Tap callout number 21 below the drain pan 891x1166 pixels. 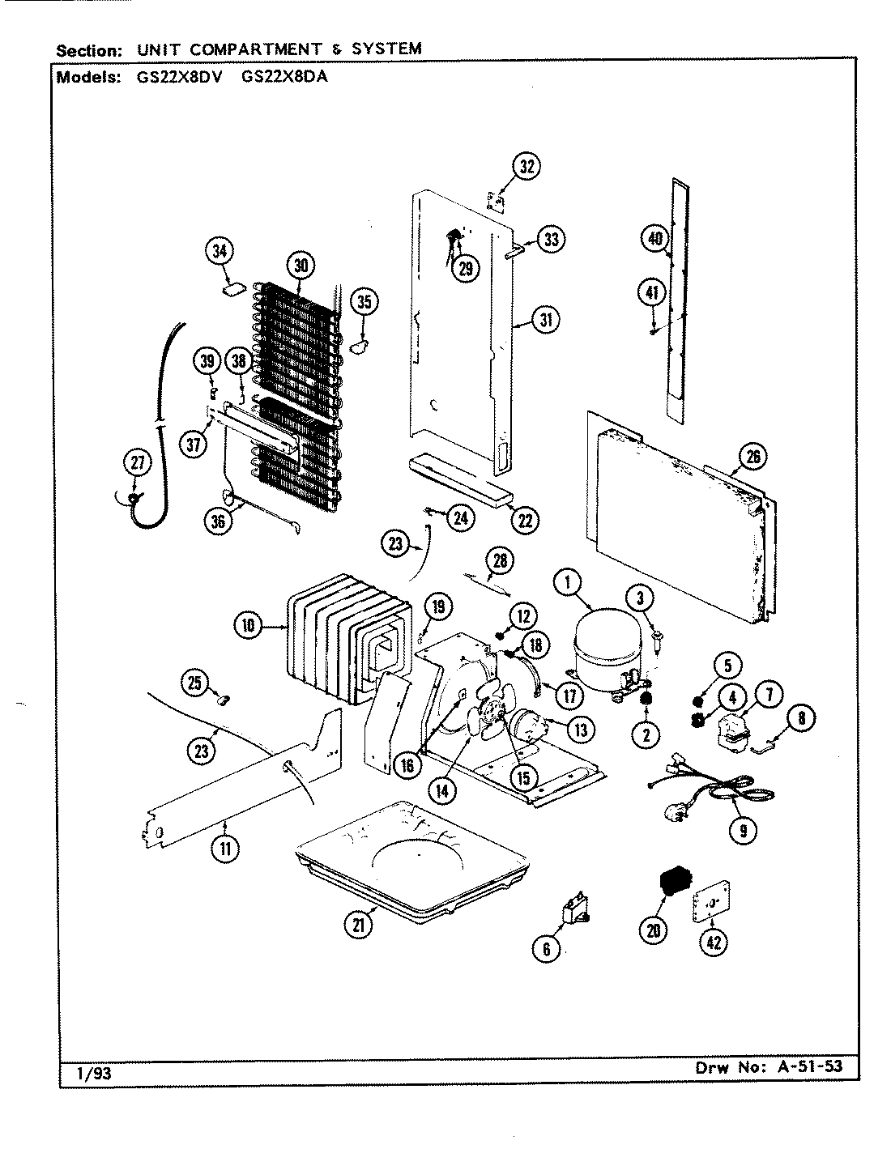click(x=359, y=923)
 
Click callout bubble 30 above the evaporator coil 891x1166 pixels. click(x=300, y=265)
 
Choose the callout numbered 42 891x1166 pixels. click(x=713, y=942)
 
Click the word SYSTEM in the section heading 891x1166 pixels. click(x=387, y=49)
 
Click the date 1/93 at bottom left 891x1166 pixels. click(x=86, y=1075)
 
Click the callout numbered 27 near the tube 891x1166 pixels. click(x=137, y=464)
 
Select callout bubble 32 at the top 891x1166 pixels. click(x=526, y=168)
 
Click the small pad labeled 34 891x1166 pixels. click(x=234, y=287)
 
